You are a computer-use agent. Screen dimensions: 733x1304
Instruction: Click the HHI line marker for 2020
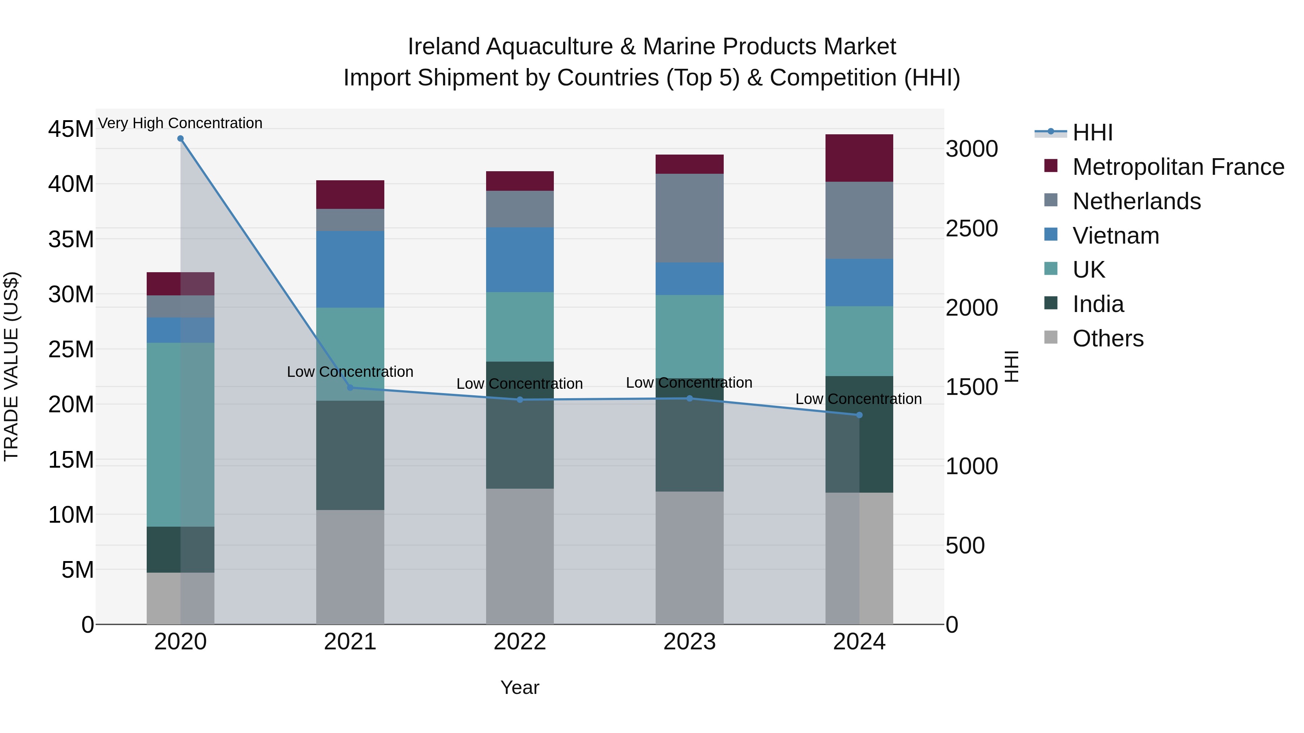tap(180, 139)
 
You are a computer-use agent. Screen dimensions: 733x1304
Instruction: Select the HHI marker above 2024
tap(859, 415)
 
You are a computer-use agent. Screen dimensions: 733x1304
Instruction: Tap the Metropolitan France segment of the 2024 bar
tap(859, 158)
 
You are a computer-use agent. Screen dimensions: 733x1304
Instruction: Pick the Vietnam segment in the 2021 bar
tap(350, 269)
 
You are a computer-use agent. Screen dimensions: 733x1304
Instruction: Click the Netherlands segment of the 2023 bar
tap(689, 218)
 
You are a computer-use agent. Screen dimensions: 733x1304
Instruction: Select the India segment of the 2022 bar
tap(520, 425)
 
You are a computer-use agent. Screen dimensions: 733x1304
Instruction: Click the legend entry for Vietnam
tap(1115, 236)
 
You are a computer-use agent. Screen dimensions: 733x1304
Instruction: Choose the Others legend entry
tap(1108, 338)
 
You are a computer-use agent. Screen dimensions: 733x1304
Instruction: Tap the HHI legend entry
tap(1092, 132)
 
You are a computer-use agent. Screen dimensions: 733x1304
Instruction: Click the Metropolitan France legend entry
tap(1178, 167)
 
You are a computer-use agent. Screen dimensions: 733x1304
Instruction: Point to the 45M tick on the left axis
tap(71, 129)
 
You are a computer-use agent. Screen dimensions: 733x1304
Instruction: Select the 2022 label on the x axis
tap(520, 642)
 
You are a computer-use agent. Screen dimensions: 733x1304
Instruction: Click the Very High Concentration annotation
tap(180, 123)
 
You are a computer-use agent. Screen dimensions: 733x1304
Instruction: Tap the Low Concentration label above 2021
tap(350, 372)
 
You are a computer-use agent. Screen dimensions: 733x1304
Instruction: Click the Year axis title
tap(520, 687)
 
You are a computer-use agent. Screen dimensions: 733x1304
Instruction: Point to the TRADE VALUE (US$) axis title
tap(11, 366)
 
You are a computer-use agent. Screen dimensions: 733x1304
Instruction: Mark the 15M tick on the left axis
tap(71, 460)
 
